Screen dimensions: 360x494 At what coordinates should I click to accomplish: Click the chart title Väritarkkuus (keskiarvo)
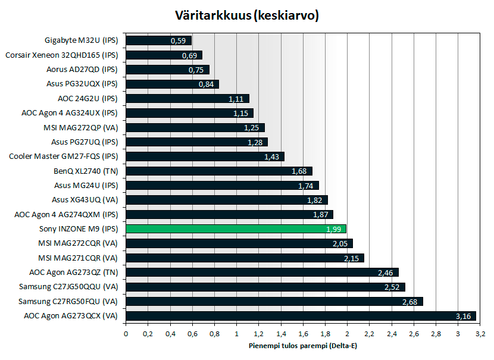pyautogui.click(x=247, y=15)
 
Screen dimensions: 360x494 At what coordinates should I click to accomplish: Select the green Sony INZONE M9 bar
pyautogui.click(x=236, y=229)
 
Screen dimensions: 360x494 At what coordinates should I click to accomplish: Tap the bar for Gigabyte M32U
pyautogui.click(x=158, y=41)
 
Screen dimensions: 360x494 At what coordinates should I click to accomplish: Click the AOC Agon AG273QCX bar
pyautogui.click(x=301, y=315)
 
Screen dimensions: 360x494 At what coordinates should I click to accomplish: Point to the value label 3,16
pyautogui.click(x=463, y=316)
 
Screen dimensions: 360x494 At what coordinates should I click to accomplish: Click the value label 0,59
pyautogui.click(x=178, y=41)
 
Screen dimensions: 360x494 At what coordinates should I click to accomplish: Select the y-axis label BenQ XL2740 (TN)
pyautogui.click(x=86, y=171)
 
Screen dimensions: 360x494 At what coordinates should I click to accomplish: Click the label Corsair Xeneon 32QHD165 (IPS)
pyautogui.click(x=62, y=55)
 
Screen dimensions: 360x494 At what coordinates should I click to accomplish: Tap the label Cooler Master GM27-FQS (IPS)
pyautogui.click(x=64, y=156)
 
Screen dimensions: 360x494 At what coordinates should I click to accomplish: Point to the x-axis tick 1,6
pyautogui.click(x=302, y=334)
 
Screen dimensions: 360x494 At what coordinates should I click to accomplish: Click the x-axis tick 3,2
pyautogui.click(x=480, y=334)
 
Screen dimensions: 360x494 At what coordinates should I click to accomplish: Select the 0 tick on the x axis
pyautogui.click(x=126, y=334)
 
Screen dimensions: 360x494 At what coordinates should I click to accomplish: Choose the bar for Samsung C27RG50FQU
pyautogui.click(x=274, y=301)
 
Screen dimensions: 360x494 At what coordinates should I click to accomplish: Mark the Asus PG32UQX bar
pyautogui.click(x=172, y=84)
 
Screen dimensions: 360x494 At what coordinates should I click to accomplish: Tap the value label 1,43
pyautogui.click(x=272, y=157)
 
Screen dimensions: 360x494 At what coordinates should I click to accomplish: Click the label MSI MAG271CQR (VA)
pyautogui.click(x=78, y=258)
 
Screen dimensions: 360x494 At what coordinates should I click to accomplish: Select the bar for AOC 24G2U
pyautogui.click(x=187, y=99)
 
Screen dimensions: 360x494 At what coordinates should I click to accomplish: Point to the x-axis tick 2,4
pyautogui.click(x=391, y=334)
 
